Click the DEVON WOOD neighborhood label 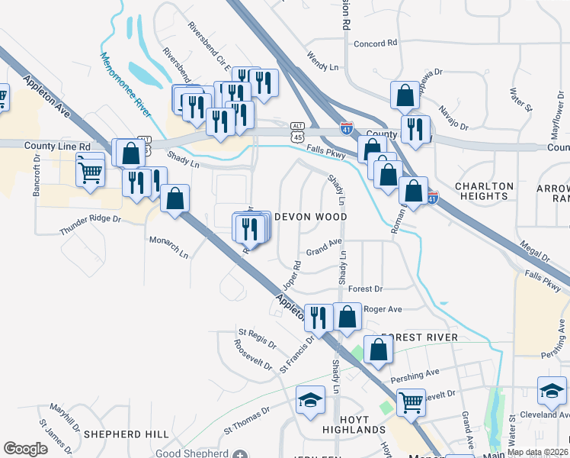coord(310,217)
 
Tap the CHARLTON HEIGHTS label coord(483,191)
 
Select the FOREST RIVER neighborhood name coord(420,337)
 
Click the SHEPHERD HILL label coord(126,434)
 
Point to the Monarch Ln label coord(168,248)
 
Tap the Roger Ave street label coord(383,309)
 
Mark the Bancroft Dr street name coord(36,177)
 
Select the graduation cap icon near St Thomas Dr coord(310,400)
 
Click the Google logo coord(25,449)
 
